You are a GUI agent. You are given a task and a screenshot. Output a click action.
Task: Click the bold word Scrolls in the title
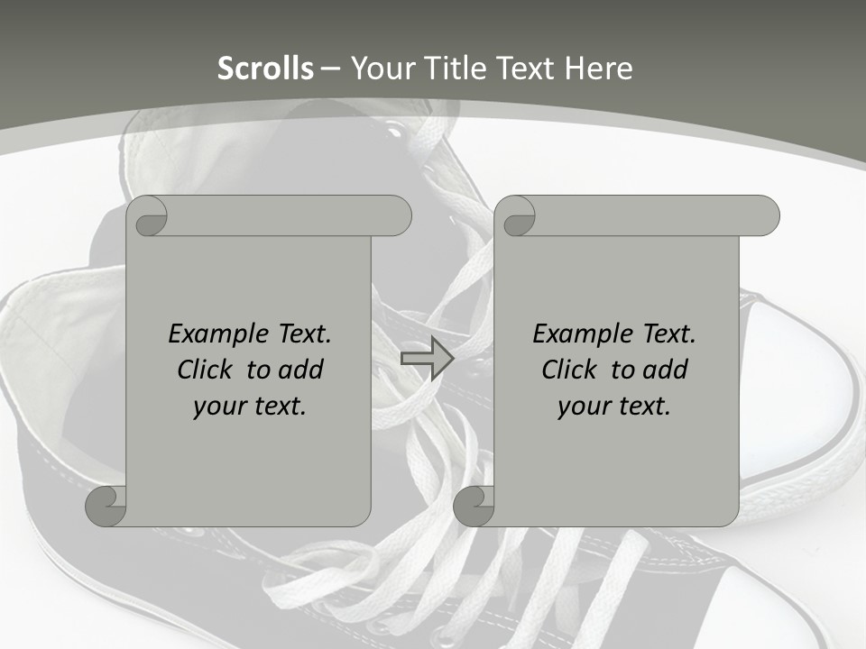pyautogui.click(x=266, y=69)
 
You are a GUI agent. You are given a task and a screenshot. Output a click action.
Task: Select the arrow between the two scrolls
pyautogui.click(x=427, y=358)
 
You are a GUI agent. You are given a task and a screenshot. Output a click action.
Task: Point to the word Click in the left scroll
pyautogui.click(x=207, y=370)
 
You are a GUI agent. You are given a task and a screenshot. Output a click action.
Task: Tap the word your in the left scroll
pyautogui.click(x=218, y=407)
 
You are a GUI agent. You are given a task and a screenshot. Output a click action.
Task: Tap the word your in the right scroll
pyautogui.click(x=583, y=407)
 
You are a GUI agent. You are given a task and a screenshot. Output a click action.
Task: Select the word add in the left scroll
pyautogui.click(x=301, y=370)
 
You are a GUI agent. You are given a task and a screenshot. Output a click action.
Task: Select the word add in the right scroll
pyautogui.click(x=666, y=370)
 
